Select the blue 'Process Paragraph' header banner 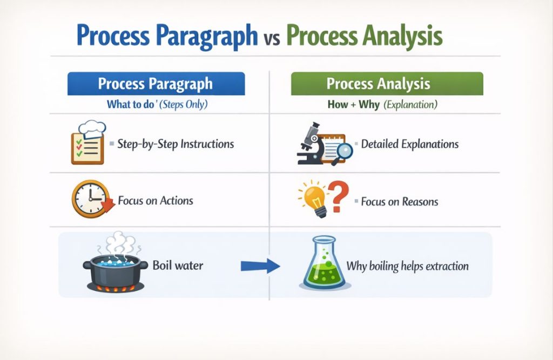[156, 84]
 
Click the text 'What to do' [130, 105]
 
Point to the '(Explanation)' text [410, 105]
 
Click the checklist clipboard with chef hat [87, 143]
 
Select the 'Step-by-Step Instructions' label [175, 144]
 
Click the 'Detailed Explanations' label [409, 144]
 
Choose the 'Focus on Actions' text [155, 201]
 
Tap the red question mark [339, 197]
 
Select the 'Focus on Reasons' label [399, 202]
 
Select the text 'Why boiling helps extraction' [407, 266]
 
